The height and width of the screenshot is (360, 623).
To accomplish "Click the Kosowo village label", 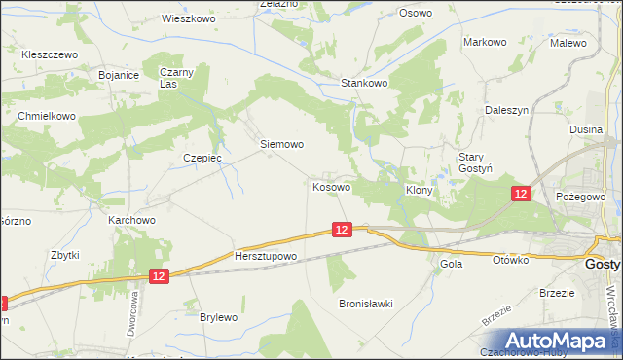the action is [332, 186].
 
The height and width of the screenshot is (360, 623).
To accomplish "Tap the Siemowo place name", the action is [282, 144].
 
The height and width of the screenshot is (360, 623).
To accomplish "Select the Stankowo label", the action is [364, 84].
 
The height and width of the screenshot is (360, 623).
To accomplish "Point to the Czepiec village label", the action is [203, 157].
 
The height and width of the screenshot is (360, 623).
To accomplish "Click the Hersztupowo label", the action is [265, 256].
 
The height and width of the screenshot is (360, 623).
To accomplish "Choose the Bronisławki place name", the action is [365, 304].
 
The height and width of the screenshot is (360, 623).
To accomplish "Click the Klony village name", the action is [419, 192].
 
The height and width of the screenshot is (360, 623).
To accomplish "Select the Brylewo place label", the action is [218, 318].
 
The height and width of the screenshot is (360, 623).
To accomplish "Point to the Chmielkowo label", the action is [47, 116].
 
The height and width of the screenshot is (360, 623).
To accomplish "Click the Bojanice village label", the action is [120, 75].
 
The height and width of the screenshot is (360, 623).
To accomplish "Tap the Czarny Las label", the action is [176, 78].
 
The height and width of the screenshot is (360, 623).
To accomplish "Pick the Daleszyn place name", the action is [506, 111].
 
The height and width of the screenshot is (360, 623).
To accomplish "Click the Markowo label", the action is [486, 43].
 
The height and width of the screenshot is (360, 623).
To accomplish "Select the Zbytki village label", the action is [64, 255].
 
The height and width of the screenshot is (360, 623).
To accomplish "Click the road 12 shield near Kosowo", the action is [341, 230].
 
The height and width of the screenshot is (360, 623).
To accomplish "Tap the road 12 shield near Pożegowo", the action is [521, 195].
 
